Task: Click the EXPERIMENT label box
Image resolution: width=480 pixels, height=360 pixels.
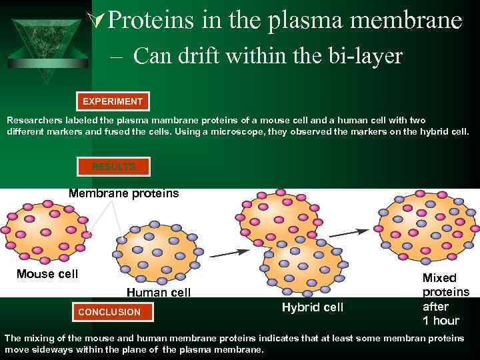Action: [x=113, y=102]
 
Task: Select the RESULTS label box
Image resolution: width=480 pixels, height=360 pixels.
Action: [x=113, y=166]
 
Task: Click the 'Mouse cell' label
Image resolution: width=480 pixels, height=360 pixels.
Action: [x=47, y=274]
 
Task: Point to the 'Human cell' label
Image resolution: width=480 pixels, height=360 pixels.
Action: [x=159, y=293]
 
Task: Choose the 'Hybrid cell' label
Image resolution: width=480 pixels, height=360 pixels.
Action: [x=313, y=307]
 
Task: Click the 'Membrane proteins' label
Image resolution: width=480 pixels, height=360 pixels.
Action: [x=124, y=194]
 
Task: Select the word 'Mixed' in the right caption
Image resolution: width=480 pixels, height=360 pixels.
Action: [x=440, y=278]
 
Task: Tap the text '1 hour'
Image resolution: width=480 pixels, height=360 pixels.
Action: [x=441, y=321]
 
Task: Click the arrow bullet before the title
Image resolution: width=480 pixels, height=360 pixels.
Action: [x=97, y=21]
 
